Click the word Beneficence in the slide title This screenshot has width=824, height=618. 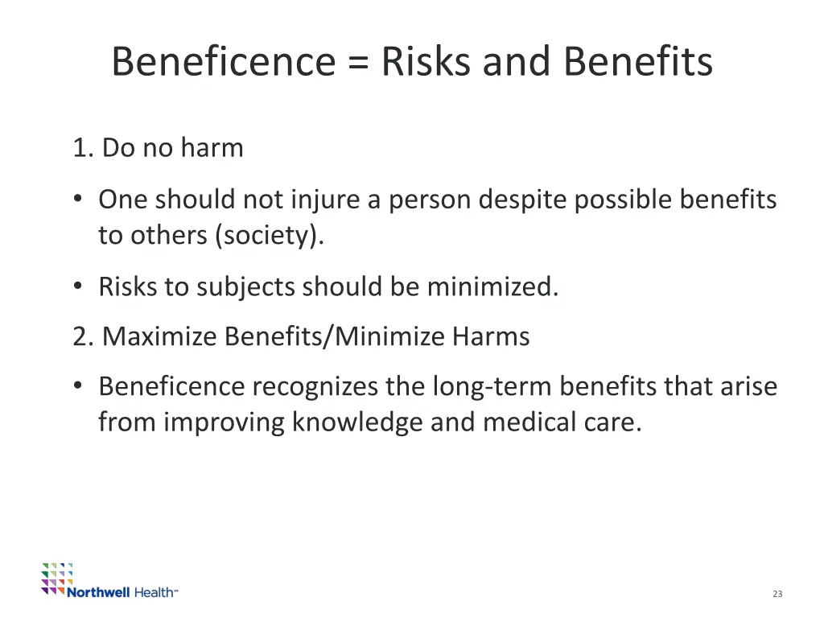point(223,62)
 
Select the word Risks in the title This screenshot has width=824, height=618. point(427,62)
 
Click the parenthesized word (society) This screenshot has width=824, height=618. point(269,235)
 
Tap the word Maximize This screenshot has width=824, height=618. point(160,336)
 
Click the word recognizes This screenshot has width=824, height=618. point(315,387)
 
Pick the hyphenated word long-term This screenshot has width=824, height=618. point(492,387)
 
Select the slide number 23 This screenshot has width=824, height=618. point(777,594)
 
